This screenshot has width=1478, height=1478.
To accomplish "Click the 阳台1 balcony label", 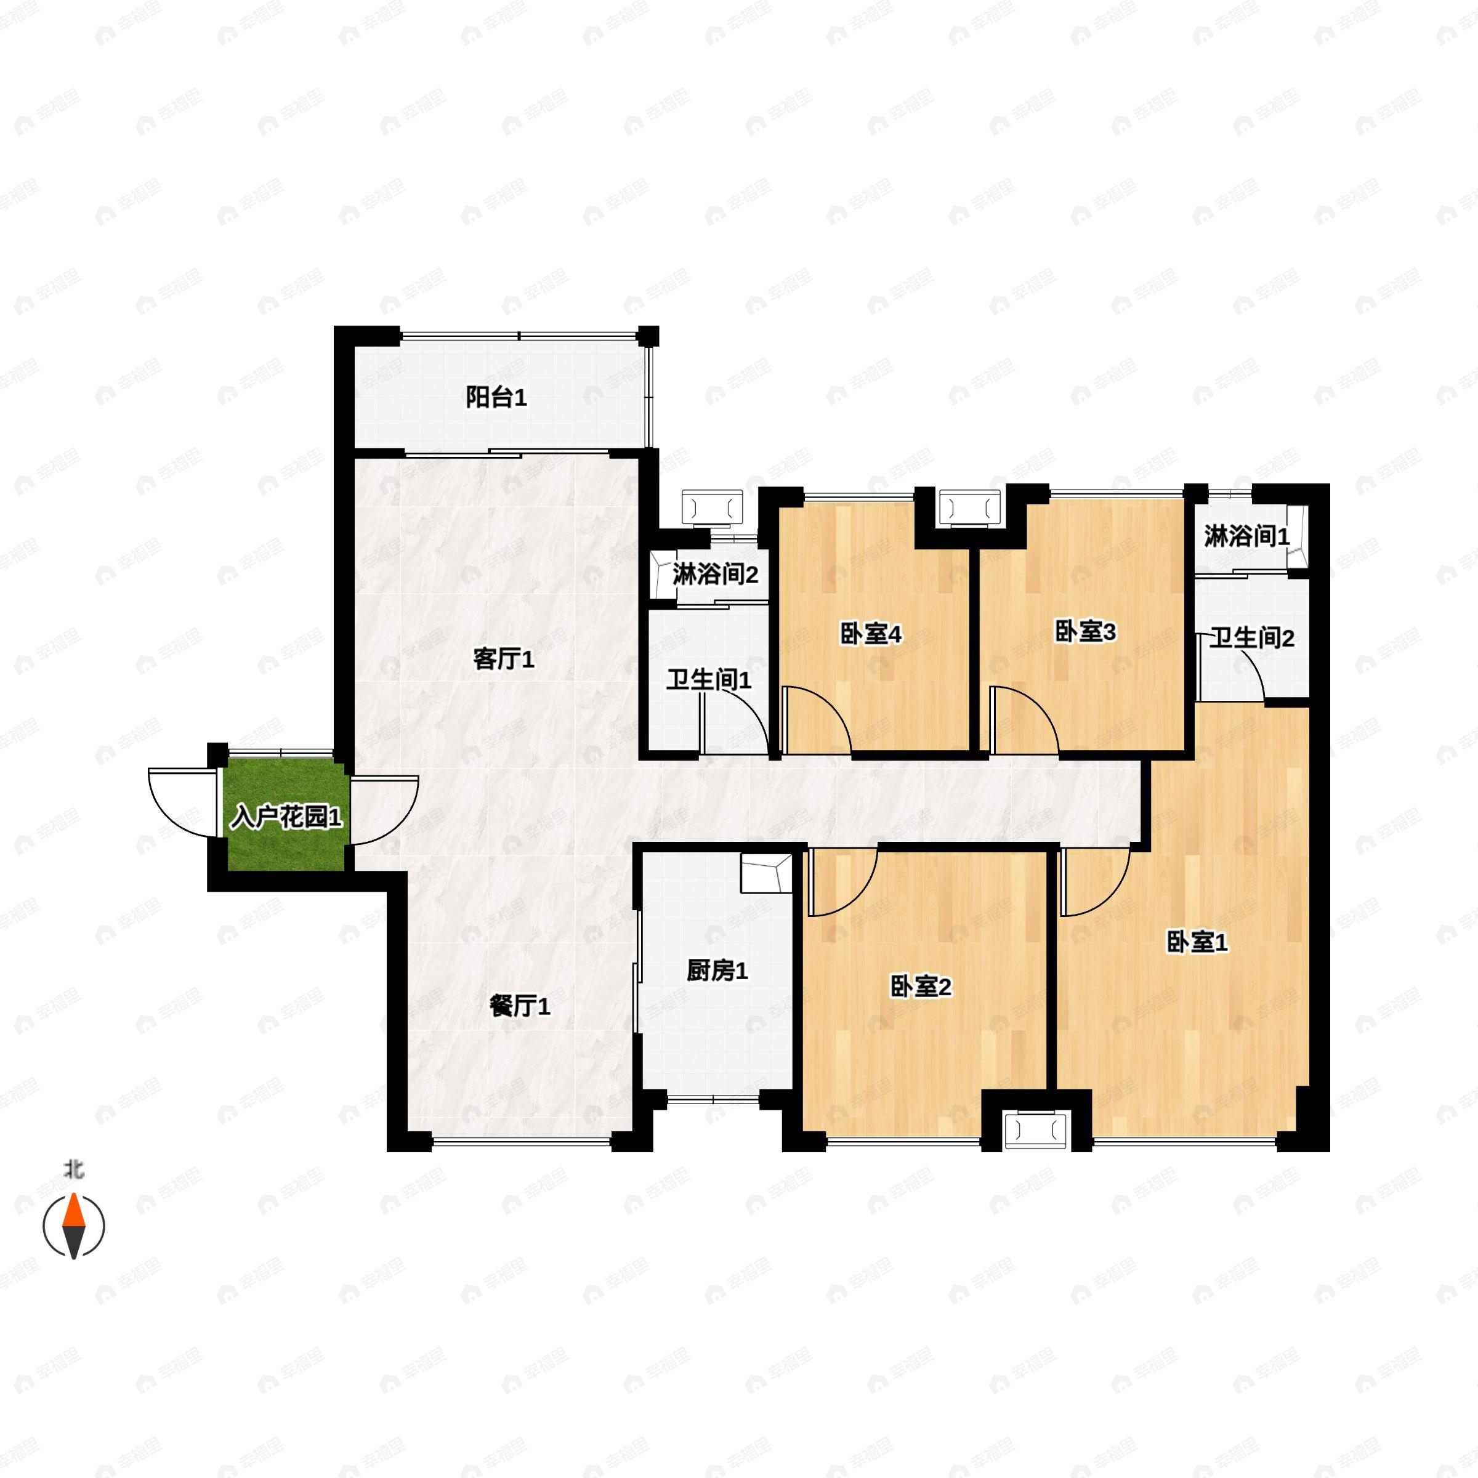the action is coord(496,398).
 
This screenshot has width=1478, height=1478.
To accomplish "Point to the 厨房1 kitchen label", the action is coord(717,971).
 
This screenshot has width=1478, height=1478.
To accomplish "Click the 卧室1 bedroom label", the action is coord(1197,942).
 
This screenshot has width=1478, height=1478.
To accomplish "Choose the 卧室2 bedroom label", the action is coord(920,987).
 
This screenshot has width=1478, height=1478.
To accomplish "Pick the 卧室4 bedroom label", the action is coord(871,634).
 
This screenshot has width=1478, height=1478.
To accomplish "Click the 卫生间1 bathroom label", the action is coord(708,679).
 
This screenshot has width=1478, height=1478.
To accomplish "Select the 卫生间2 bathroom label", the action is coord(1251,637).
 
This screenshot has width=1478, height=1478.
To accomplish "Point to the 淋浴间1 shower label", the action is coord(1247,536).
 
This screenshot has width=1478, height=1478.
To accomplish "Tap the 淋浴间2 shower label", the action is coord(715,574).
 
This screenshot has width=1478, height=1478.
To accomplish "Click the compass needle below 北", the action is coord(73,1225).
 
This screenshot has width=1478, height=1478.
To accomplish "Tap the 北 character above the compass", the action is coord(74,1171).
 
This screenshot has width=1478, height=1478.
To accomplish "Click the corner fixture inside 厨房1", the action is coord(765,873).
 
